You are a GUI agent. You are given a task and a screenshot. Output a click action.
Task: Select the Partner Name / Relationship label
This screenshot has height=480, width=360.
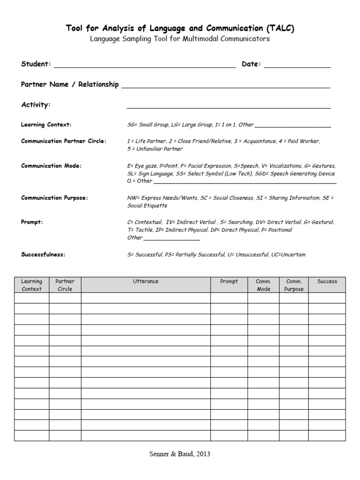click(70, 84)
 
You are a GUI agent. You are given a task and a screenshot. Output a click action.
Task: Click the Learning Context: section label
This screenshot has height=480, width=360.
click(46, 125)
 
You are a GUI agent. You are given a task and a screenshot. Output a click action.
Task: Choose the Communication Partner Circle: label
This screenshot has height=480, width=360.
click(64, 141)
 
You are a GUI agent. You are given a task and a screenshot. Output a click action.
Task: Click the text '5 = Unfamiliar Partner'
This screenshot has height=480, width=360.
click(155, 149)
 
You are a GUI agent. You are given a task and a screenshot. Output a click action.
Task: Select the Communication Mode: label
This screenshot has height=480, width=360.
click(52, 166)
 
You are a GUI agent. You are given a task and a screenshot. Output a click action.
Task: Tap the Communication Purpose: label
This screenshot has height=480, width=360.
click(54, 198)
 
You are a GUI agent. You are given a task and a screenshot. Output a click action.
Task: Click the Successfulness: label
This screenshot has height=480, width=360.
click(43, 255)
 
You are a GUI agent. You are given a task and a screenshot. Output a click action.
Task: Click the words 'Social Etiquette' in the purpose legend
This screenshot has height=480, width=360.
click(147, 206)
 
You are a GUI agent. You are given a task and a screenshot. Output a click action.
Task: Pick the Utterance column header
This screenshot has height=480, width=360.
click(145, 282)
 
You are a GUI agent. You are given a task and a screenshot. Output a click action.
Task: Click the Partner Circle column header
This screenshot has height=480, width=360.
click(65, 285)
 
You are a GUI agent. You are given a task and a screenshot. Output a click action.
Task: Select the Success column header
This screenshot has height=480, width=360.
click(327, 282)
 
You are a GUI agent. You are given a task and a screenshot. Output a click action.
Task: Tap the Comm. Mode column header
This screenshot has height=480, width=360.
click(263, 285)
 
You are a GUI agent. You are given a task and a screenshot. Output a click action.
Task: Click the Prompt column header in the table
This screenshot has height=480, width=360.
click(229, 282)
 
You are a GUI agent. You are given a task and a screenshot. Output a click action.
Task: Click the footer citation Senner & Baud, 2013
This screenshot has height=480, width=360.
click(180, 454)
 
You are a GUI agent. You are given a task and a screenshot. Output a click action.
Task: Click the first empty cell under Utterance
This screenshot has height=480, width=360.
click(145, 298)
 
